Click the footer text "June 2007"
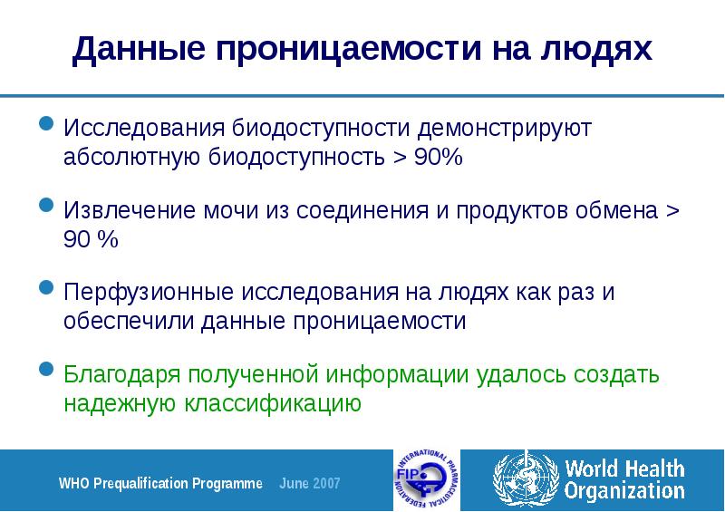(x=309, y=483)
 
